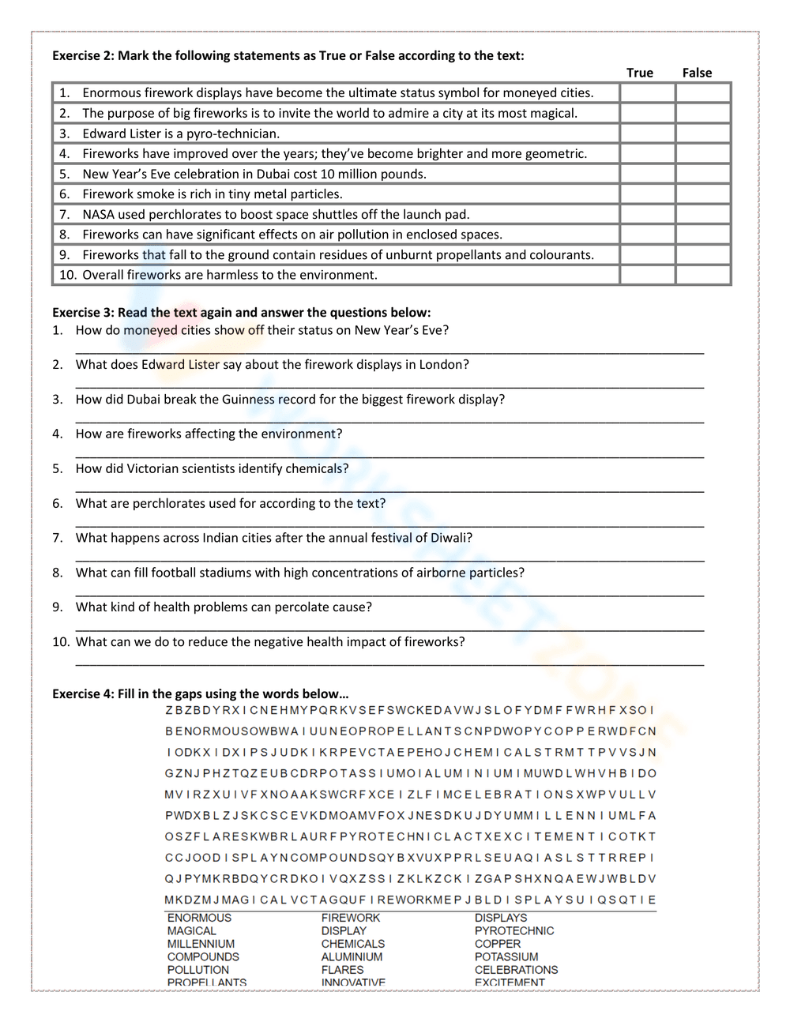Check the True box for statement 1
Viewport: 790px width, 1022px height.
coord(647,93)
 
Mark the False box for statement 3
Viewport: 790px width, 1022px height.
coord(702,133)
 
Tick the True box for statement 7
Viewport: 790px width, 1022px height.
coord(647,214)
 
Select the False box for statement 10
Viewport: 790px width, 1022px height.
coord(702,275)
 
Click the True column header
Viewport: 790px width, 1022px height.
coord(640,73)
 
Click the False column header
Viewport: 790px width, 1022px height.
coord(697,73)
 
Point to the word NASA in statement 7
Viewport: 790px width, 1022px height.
coord(99,214)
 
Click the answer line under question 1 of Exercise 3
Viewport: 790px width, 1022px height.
coord(389,350)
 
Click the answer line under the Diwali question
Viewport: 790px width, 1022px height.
coord(389,558)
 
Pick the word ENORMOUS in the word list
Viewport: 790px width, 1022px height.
coord(199,918)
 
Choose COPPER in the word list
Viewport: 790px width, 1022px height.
coord(498,944)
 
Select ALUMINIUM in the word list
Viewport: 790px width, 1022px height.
coord(352,956)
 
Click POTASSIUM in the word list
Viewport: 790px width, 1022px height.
coord(506,956)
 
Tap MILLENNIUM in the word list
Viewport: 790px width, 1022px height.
coord(201,944)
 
